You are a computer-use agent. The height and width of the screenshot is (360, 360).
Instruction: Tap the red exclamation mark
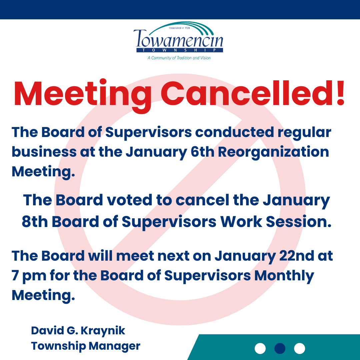click(x=341, y=93)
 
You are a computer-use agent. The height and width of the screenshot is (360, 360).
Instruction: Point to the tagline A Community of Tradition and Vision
click(x=179, y=58)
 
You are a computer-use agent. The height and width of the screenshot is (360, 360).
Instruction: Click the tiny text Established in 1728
click(x=180, y=28)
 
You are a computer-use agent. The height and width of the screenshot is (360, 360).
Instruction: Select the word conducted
click(x=235, y=132)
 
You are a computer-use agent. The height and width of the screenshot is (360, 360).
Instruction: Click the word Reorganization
click(x=273, y=152)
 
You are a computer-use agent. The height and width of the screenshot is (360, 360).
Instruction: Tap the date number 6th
click(x=203, y=152)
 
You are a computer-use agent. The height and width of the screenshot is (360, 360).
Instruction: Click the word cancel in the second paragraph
click(x=203, y=200)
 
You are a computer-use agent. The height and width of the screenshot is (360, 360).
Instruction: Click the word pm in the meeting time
click(x=34, y=276)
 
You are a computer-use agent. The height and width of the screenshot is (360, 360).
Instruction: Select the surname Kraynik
click(x=103, y=331)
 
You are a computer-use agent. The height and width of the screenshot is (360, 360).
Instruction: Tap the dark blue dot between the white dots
click(x=280, y=349)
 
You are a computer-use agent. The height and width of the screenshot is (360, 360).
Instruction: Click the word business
click(x=44, y=152)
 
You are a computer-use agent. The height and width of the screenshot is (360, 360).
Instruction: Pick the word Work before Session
click(x=241, y=222)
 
